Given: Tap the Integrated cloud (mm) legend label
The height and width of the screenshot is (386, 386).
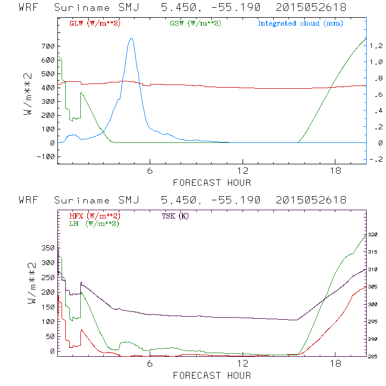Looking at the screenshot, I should pos(300,23).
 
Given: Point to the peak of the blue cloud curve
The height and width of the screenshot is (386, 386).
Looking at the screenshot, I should pos(131,38).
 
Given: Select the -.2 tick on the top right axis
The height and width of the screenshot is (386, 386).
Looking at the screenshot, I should pos(376,160).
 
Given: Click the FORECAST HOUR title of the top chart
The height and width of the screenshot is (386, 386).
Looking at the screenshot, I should pos(212,183).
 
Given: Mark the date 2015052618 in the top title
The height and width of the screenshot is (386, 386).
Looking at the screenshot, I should pos(308,7).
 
